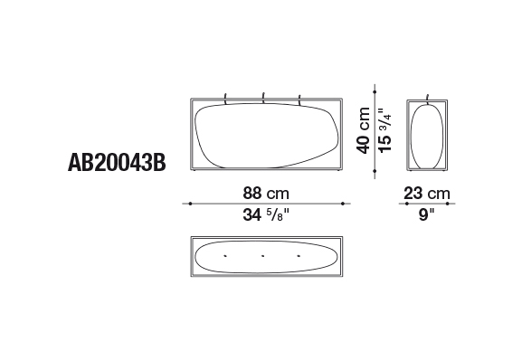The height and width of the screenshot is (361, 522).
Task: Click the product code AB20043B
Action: tap(117, 163)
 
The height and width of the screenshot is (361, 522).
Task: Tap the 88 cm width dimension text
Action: tap(266, 193)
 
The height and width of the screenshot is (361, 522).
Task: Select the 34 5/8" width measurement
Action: tap(266, 214)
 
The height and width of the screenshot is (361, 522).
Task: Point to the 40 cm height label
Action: tap(363, 130)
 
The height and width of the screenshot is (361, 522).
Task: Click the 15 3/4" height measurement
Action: tap(385, 130)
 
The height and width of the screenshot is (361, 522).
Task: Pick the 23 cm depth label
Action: tap(427, 193)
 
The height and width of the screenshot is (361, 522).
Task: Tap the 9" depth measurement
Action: tap(427, 214)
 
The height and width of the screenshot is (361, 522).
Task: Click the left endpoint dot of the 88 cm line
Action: tap(190, 204)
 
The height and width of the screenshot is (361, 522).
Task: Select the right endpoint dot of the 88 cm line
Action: tap(343, 204)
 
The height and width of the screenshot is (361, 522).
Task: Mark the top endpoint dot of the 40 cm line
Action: tap(375, 91)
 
